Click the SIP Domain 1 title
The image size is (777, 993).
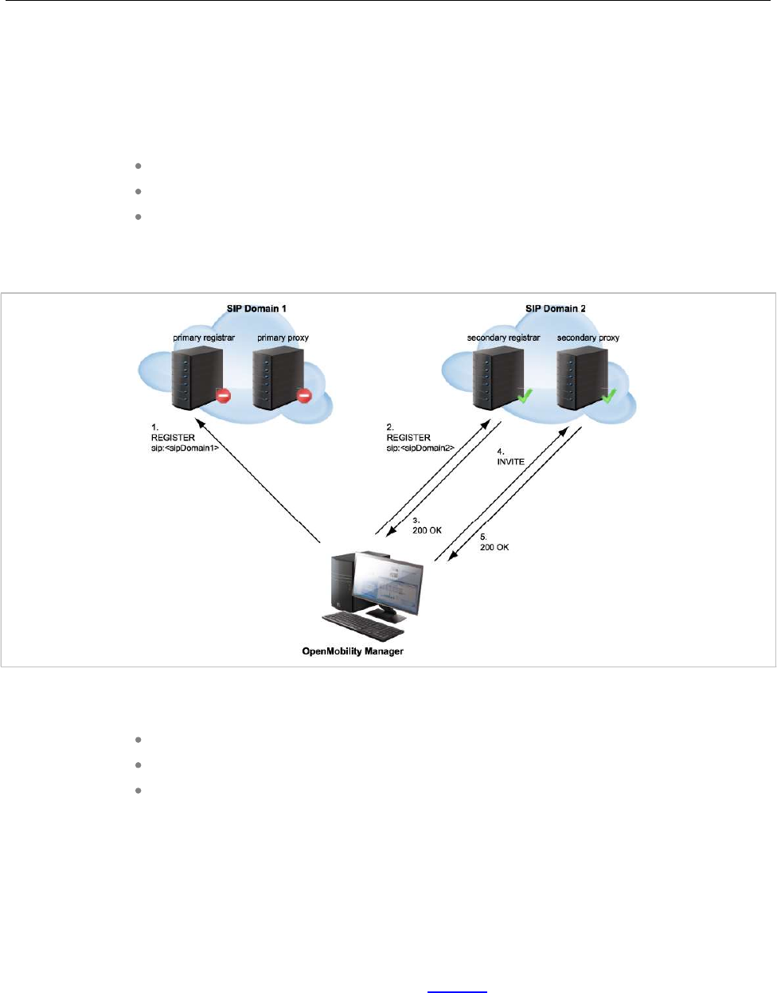pyautogui.click(x=256, y=309)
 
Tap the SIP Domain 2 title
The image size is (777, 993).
pyautogui.click(x=556, y=309)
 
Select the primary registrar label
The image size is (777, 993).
pyautogui.click(x=204, y=338)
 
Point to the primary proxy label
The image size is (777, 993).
pyautogui.click(x=283, y=338)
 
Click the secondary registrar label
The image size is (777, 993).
pyautogui.click(x=503, y=338)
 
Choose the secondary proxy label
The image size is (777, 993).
pyautogui.click(x=588, y=338)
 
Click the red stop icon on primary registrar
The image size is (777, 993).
pyautogui.click(x=224, y=395)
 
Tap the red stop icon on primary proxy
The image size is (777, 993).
pyautogui.click(x=304, y=395)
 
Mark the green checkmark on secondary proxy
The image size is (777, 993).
pyautogui.click(x=609, y=394)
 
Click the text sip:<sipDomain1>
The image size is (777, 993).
pyautogui.click(x=185, y=448)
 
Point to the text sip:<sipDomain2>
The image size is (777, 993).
pyautogui.click(x=420, y=448)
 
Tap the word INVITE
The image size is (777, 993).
pyautogui.click(x=511, y=462)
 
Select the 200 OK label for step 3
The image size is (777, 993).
pyautogui.click(x=427, y=530)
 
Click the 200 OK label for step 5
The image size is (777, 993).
pyautogui.click(x=494, y=548)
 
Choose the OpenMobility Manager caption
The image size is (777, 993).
pyautogui.click(x=353, y=651)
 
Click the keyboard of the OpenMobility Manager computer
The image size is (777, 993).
pyautogui.click(x=361, y=631)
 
